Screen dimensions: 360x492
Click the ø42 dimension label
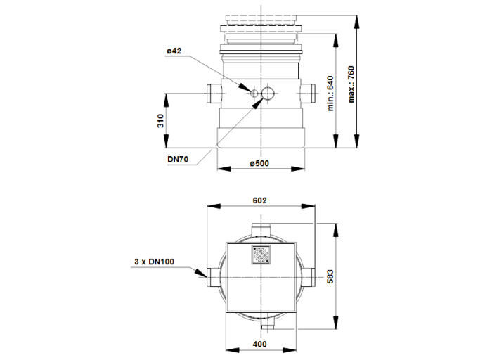(175, 51)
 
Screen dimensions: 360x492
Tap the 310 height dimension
(160, 121)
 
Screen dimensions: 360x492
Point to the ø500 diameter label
(259, 163)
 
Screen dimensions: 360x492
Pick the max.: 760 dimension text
(351, 82)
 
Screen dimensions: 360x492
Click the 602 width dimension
(259, 200)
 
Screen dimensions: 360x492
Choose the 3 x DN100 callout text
(154, 262)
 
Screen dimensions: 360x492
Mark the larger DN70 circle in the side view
(267, 93)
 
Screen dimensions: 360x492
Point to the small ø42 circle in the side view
(250, 93)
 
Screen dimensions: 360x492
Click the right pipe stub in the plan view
(311, 276)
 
